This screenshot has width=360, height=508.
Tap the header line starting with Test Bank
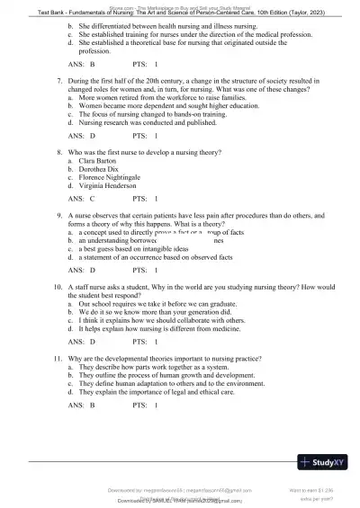180,13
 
